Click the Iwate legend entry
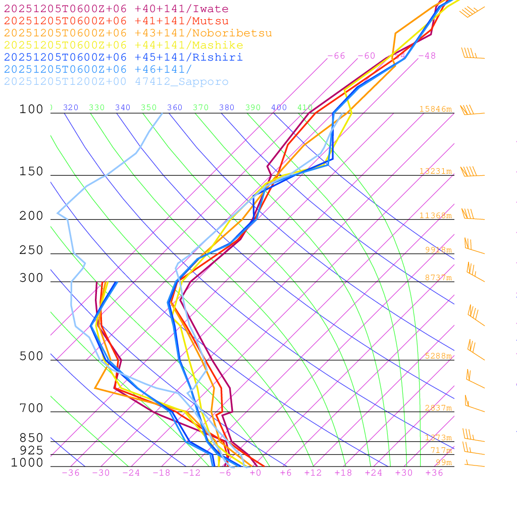(116, 9)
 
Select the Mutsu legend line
(116, 21)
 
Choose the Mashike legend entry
(124, 45)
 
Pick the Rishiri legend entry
(123, 58)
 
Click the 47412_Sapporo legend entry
(116, 82)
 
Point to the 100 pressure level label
(31, 110)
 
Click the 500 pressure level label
(31, 357)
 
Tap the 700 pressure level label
(31, 408)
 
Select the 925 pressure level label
(31, 450)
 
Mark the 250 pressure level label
(31, 250)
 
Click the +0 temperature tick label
(255, 473)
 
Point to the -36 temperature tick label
(70, 473)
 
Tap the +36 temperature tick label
(434, 473)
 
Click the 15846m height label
(435, 109)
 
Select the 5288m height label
(438, 356)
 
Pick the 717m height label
(441, 450)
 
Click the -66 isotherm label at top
(336, 56)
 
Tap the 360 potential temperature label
(175, 108)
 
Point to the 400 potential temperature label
(279, 108)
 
